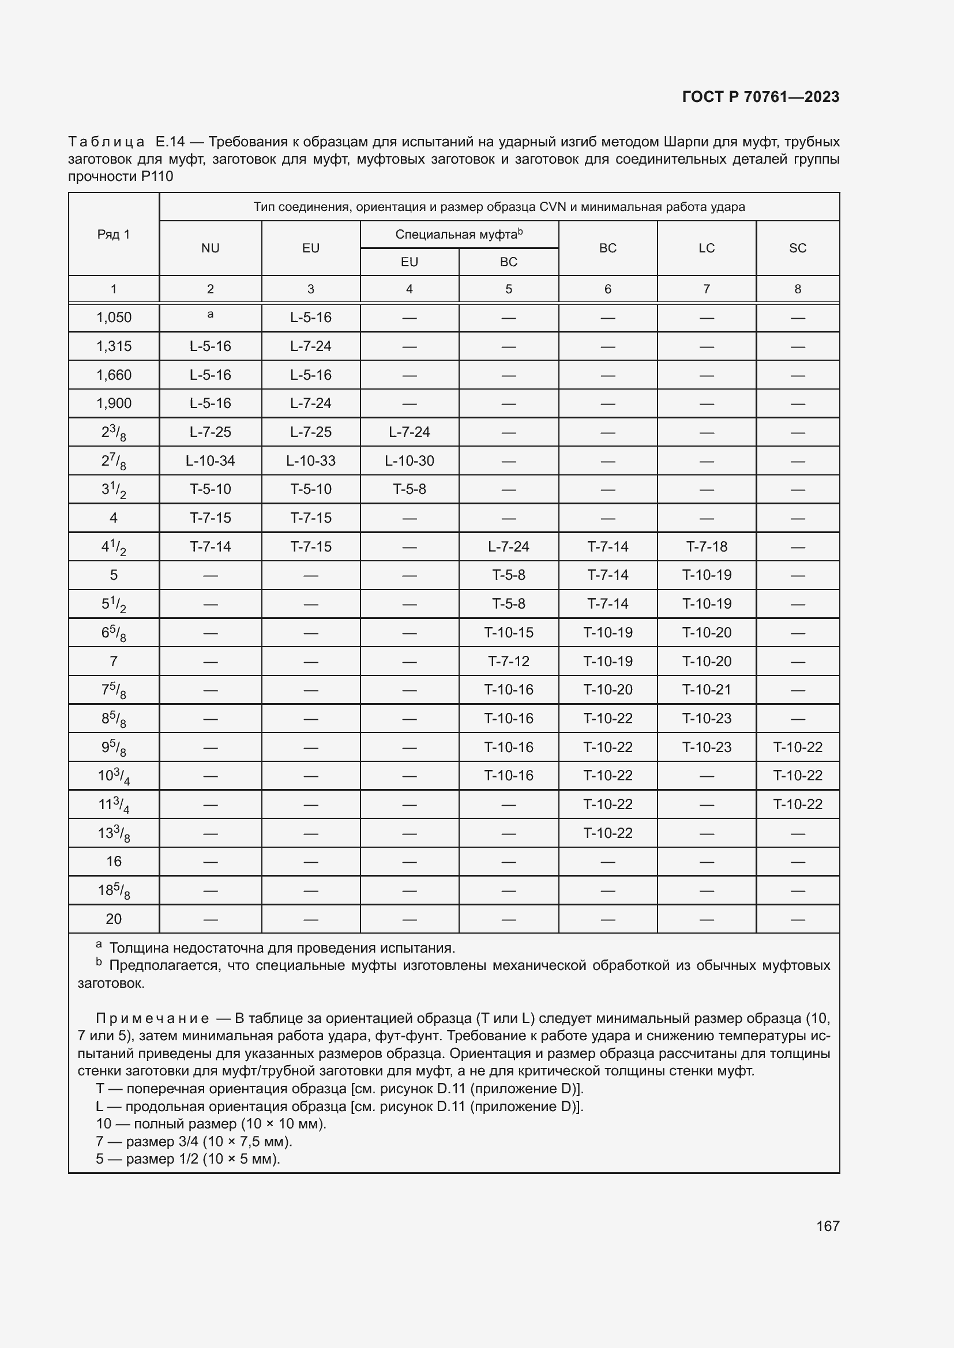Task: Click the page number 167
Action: tap(827, 1226)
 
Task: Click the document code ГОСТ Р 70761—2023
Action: tap(761, 97)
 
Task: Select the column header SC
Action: tap(797, 248)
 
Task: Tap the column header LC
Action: tap(706, 248)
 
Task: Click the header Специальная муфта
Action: tap(458, 234)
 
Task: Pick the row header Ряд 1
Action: tap(114, 234)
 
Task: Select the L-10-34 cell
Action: tap(210, 461)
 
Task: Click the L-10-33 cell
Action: tap(310, 461)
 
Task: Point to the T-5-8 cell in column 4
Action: tap(409, 489)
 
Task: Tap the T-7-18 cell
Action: tap(706, 546)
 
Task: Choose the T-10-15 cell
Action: tap(508, 632)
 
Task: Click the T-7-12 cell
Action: tap(508, 661)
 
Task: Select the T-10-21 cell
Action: tap(706, 689)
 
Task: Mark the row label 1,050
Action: tap(114, 318)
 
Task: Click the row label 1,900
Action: tap(114, 403)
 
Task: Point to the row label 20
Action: tap(114, 919)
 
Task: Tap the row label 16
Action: tap(114, 861)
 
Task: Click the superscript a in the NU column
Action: tap(210, 315)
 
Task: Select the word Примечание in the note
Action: tap(152, 1018)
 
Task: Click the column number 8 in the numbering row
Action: tap(797, 289)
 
